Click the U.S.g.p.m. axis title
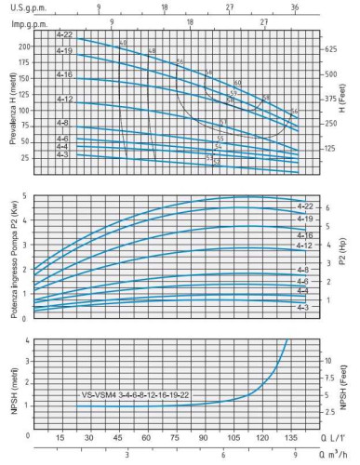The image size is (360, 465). pos(28,7)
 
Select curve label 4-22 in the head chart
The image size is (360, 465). pos(63,37)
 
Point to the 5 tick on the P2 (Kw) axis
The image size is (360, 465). pos(25,197)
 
